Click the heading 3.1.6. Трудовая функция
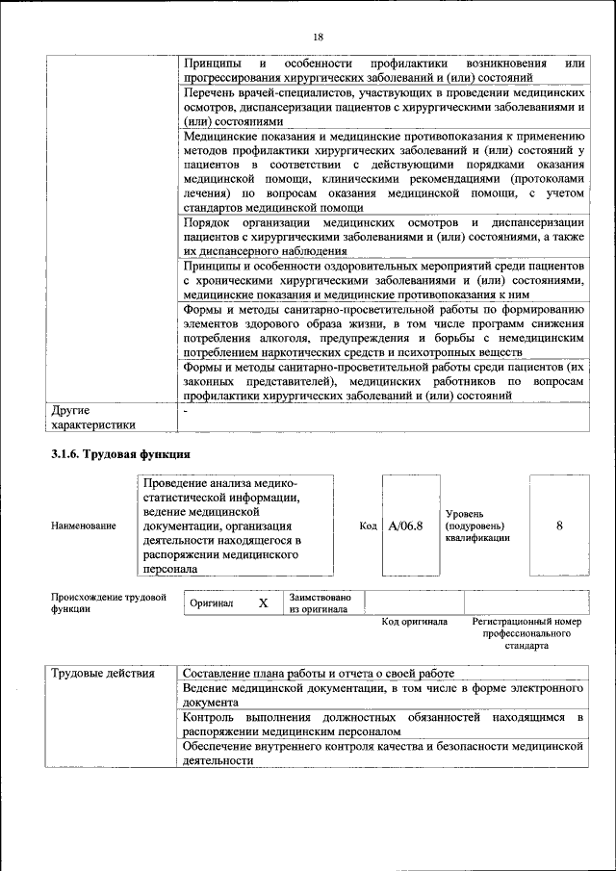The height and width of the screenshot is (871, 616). (120, 453)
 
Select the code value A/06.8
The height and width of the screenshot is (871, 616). (405, 525)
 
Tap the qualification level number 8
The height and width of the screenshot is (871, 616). (559, 525)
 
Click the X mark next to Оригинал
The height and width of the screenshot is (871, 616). (263, 603)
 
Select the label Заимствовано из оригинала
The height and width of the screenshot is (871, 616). (320, 603)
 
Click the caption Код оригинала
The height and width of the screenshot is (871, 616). (414, 622)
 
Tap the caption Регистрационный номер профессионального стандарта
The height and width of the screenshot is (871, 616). (526, 633)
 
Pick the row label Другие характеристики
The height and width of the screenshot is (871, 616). (92, 417)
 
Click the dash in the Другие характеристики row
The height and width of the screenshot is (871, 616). (186, 411)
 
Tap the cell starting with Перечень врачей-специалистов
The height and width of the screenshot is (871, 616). (384, 108)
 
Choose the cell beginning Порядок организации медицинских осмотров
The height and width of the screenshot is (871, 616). (384, 236)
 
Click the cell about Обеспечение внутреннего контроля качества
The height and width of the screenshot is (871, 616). (384, 753)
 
